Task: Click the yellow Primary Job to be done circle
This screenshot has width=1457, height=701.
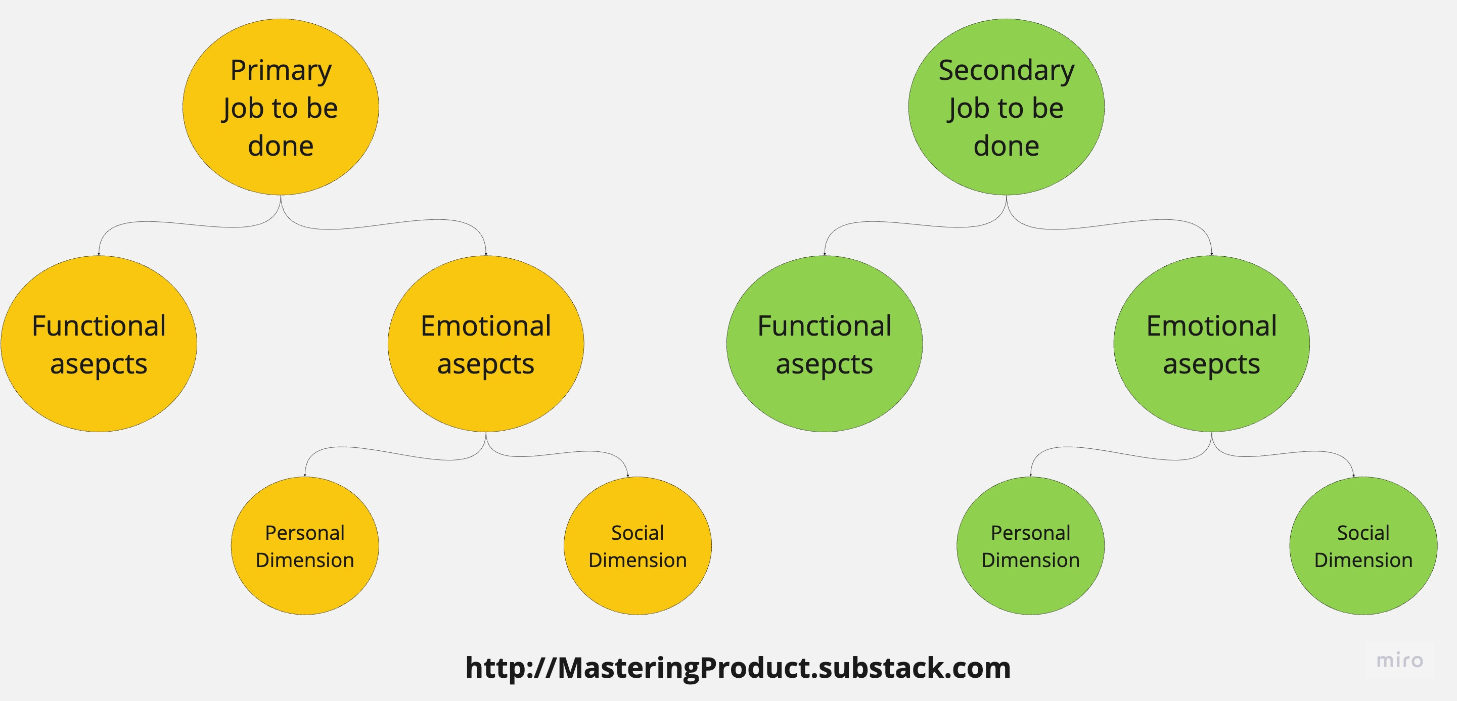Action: [281, 108]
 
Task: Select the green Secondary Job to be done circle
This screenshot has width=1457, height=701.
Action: [1006, 108]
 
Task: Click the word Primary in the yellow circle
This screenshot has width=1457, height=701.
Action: [281, 71]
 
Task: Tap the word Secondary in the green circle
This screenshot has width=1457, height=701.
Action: [1006, 71]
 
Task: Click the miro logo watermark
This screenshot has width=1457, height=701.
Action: [1399, 660]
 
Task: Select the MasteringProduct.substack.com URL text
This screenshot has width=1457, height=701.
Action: [738, 668]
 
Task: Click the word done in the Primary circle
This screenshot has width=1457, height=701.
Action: [281, 146]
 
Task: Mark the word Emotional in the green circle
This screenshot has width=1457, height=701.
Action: [1211, 326]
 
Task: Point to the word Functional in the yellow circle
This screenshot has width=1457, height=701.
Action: [99, 326]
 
